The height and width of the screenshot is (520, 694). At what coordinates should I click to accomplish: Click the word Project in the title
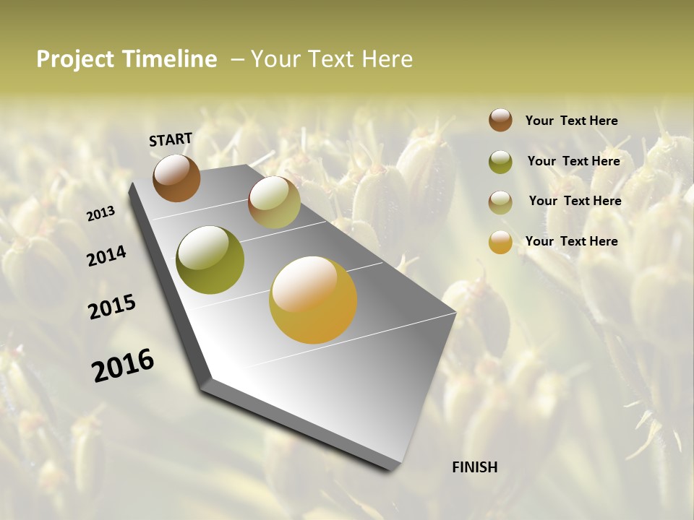pos(75,60)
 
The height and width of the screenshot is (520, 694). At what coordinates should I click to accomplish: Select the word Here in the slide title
pos(387,59)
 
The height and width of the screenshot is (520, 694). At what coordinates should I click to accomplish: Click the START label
pos(171,139)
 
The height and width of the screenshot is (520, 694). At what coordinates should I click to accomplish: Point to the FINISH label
pos(475,467)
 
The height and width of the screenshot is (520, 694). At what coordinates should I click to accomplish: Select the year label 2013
pos(100,214)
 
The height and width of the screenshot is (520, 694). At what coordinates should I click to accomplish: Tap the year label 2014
pos(106,256)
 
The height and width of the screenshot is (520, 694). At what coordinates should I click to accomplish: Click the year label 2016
pos(123,365)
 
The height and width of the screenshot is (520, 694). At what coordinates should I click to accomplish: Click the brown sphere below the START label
pos(176,178)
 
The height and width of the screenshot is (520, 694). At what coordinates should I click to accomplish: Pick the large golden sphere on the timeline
pos(313,300)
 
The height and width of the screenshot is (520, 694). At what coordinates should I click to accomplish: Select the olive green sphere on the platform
pos(210,260)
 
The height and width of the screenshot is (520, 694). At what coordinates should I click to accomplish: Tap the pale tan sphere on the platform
pos(274,202)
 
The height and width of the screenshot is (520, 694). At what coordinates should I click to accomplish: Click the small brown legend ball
pos(500,120)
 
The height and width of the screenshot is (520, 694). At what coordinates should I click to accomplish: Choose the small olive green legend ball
pos(500,162)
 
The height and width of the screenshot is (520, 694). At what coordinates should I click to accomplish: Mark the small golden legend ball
pos(500,242)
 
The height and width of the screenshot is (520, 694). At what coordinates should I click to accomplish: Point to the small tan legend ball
pos(500,202)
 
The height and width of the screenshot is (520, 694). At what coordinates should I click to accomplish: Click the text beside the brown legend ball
pos(571,121)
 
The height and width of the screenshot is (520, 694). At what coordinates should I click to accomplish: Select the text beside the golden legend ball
pos(571,241)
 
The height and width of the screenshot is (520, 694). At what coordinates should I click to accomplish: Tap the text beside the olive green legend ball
pos(573,161)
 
